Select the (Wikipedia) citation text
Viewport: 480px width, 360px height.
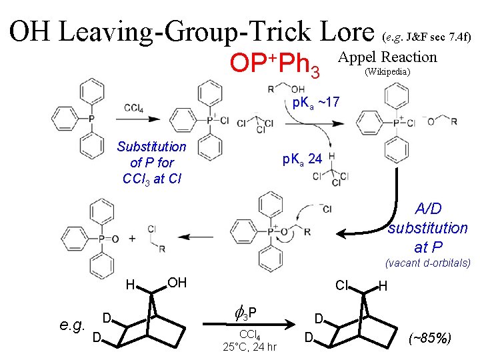pyautogui.click(x=387, y=71)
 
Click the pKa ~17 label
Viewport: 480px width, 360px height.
pyautogui.click(x=316, y=102)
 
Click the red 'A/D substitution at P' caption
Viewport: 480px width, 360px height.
pyautogui.click(x=427, y=227)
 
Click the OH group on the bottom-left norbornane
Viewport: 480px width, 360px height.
pyautogui.click(x=176, y=283)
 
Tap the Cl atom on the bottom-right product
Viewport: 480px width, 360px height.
pyautogui.click(x=344, y=285)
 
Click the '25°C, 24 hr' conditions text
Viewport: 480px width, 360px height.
pyautogui.click(x=249, y=347)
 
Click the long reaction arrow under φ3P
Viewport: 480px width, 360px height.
pyautogui.click(x=253, y=325)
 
